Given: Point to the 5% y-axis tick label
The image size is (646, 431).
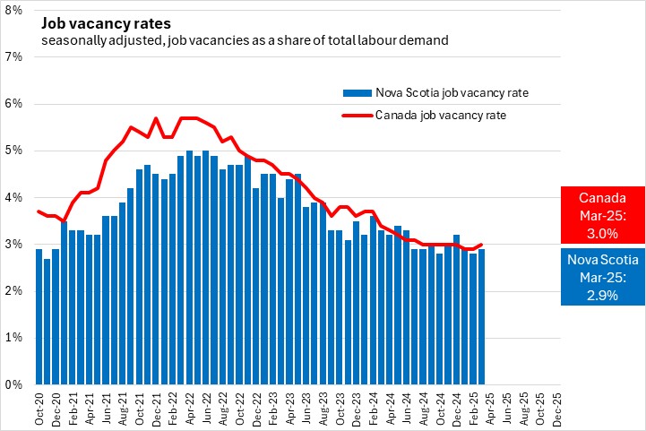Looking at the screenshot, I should point(15,151).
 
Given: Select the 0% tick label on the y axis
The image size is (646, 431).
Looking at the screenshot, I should point(15,384).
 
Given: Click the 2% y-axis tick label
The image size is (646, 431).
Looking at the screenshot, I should point(15,291).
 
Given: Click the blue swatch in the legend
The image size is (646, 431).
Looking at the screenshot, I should point(357,92).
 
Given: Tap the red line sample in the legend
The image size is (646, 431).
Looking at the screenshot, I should point(357,115).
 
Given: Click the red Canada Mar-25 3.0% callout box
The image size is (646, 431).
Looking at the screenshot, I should point(601,214).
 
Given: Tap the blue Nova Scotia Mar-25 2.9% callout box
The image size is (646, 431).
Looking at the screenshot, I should point(601,279).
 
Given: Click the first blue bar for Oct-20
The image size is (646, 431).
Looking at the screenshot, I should point(39,316).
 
